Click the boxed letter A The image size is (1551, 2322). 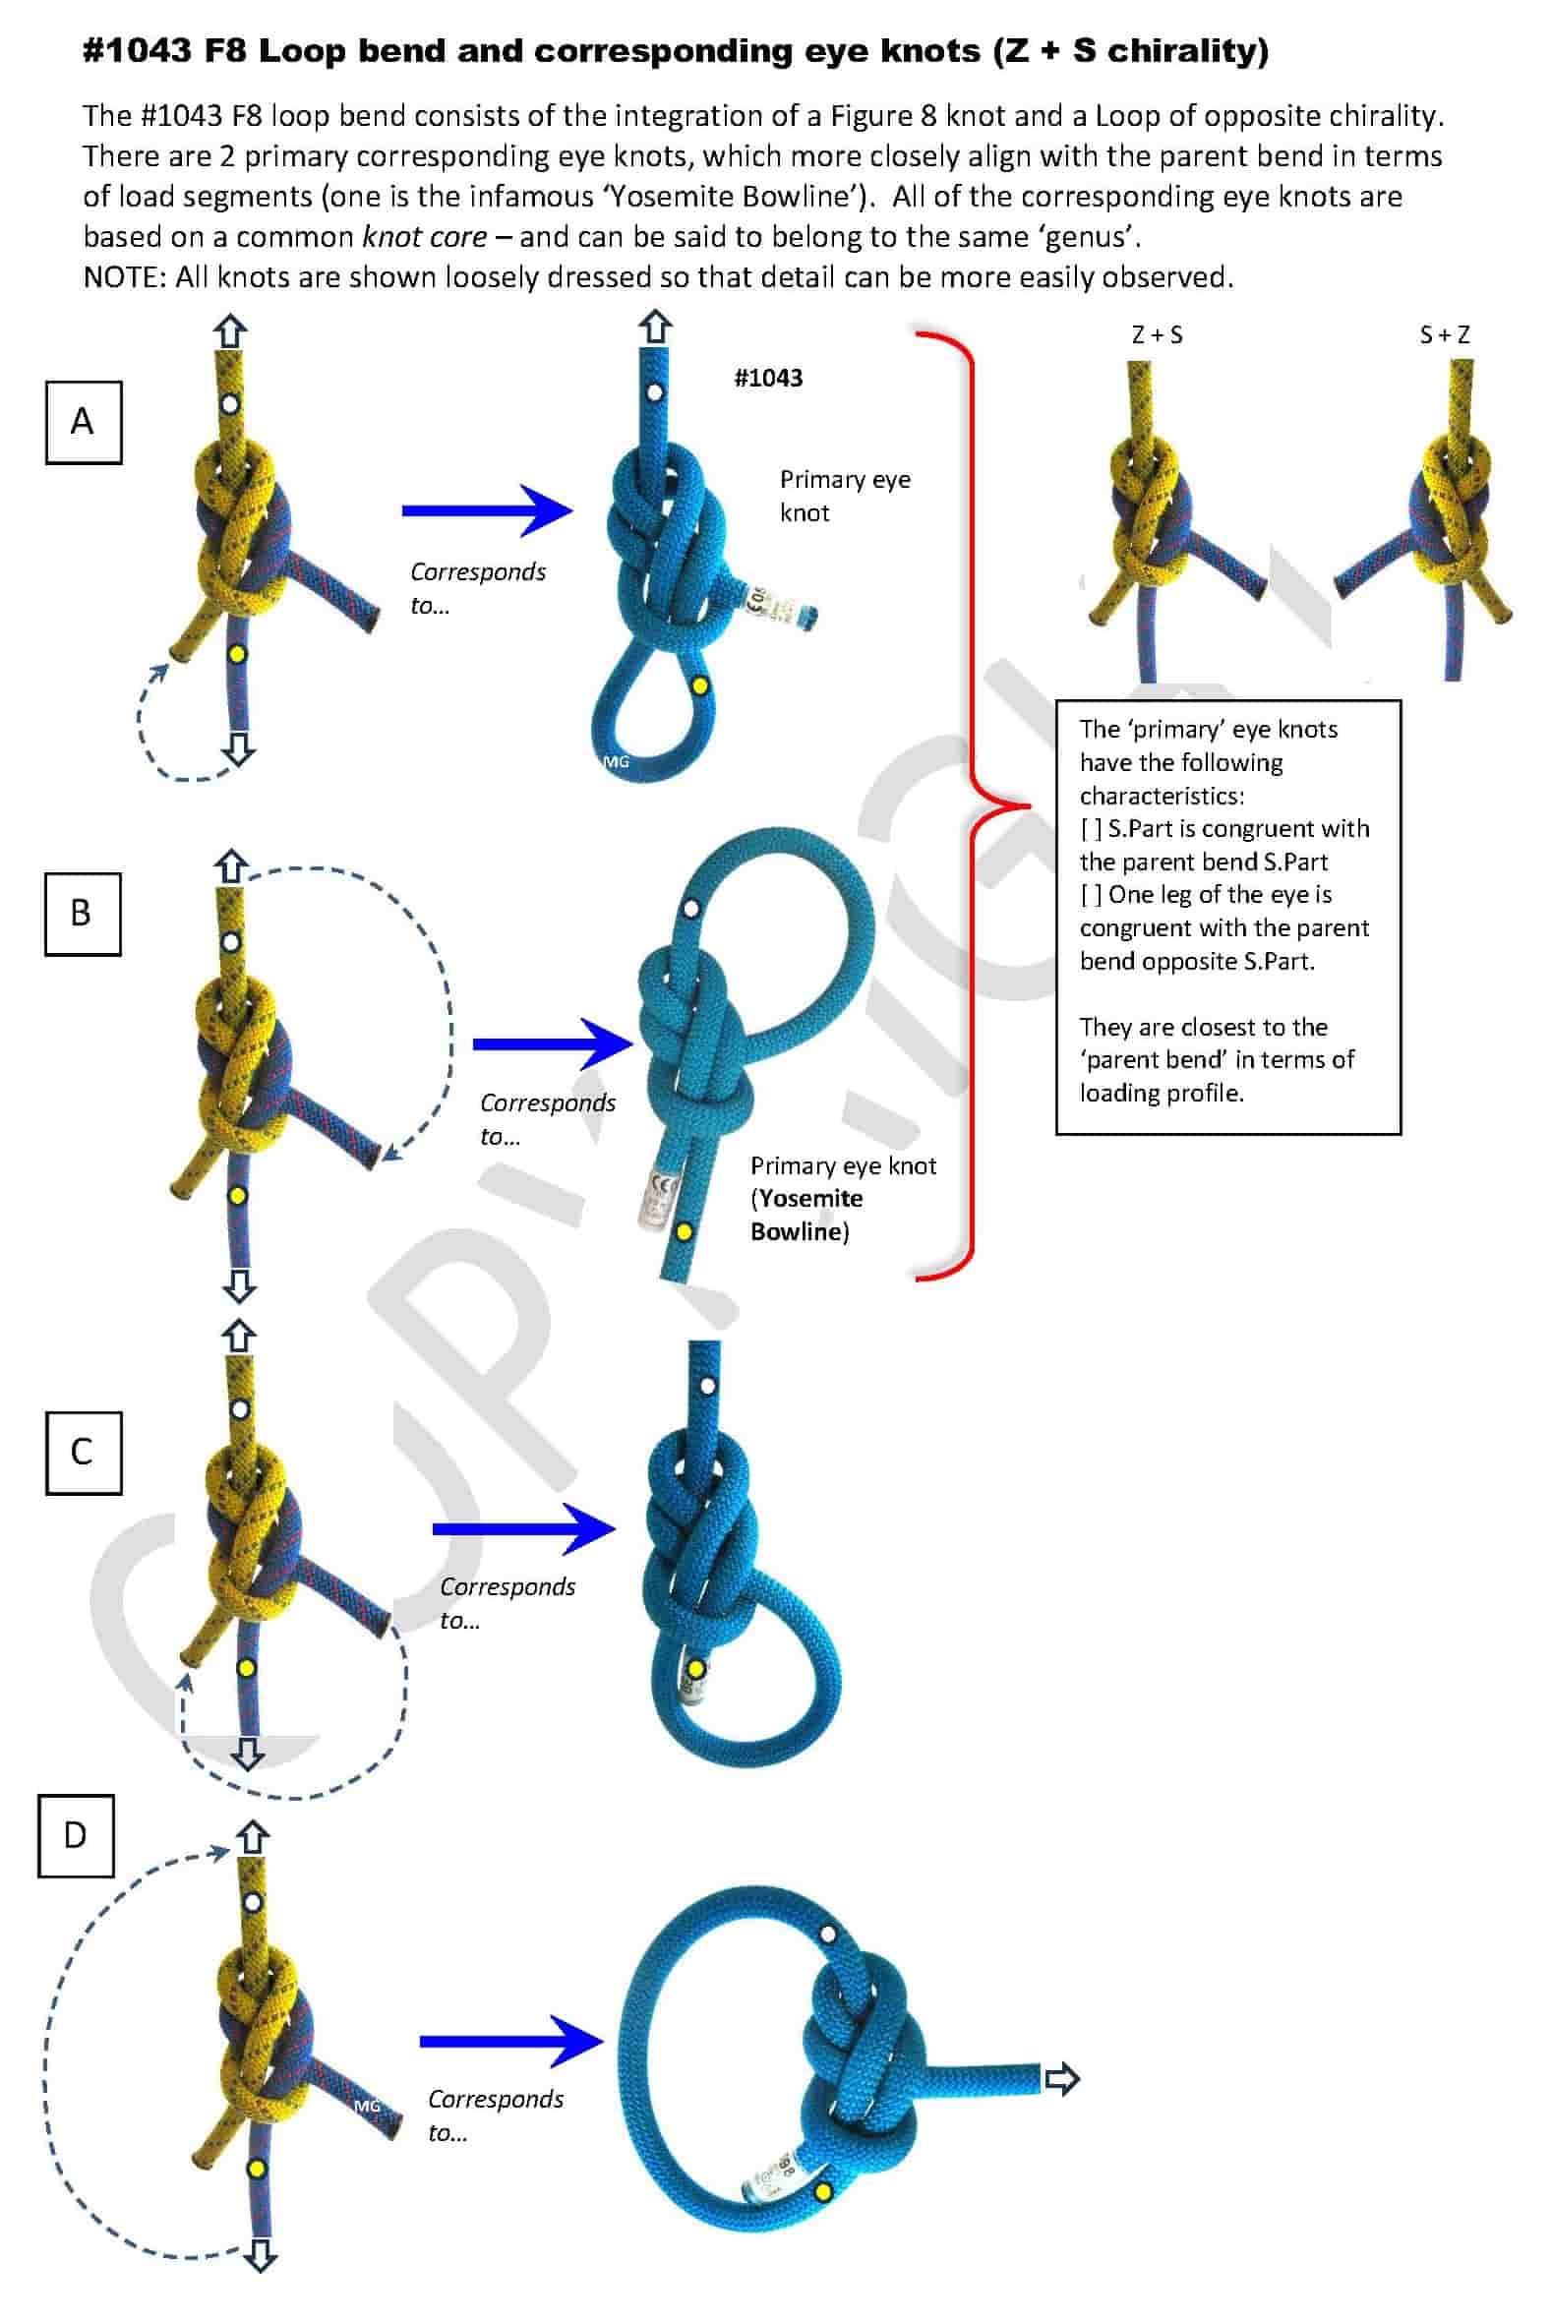point(83,422)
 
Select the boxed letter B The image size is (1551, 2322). point(82,913)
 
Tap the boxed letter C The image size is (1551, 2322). point(83,1452)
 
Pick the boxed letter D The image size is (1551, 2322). point(75,1835)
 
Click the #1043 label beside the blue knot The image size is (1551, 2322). point(767,378)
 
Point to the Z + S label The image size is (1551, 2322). point(1157,335)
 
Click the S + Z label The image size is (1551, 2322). point(1444,335)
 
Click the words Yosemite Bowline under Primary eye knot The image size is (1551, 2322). point(805,1215)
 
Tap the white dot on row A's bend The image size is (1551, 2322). point(229,403)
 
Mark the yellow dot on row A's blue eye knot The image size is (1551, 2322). point(700,685)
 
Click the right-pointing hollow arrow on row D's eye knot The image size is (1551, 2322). point(1061,2079)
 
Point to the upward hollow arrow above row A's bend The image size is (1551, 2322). point(230,331)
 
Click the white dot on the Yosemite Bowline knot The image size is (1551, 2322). point(691,908)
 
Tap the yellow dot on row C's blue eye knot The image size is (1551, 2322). point(695,1669)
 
